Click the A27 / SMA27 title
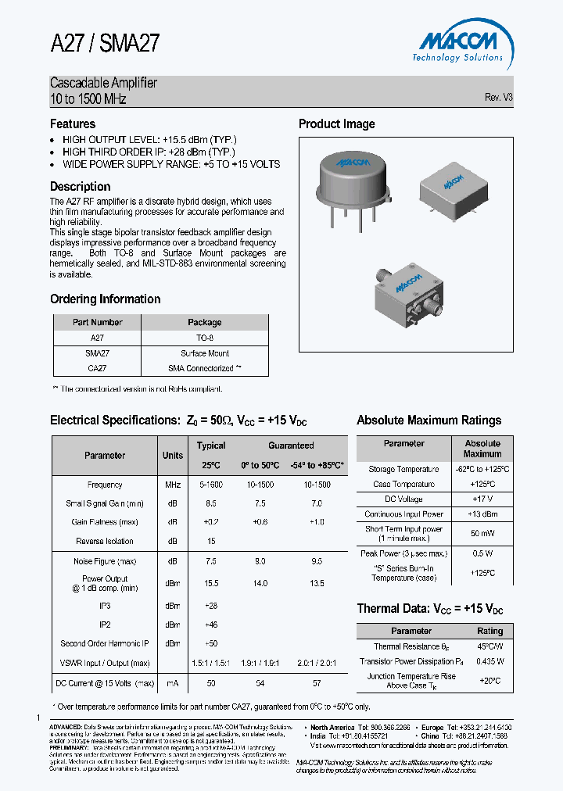(x=105, y=43)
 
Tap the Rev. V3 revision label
(x=498, y=98)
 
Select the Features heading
(x=73, y=124)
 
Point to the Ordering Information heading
(x=105, y=299)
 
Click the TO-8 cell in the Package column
(x=205, y=338)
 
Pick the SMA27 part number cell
(x=97, y=353)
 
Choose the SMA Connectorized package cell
(x=204, y=368)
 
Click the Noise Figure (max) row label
(x=105, y=561)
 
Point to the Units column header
(x=173, y=456)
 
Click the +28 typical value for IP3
(x=211, y=606)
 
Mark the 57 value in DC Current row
(x=317, y=683)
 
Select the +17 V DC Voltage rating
(x=482, y=499)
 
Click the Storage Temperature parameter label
(x=403, y=470)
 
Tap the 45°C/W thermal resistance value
(x=490, y=646)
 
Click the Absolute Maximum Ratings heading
(x=429, y=421)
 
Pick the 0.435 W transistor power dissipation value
(x=490, y=661)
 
